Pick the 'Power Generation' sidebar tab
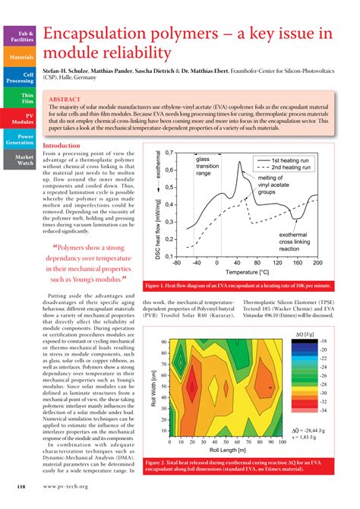click(x=21, y=139)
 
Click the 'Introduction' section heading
click(x=68, y=145)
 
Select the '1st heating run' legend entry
click(x=299, y=161)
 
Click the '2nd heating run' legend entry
click(x=299, y=170)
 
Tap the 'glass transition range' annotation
click(x=209, y=166)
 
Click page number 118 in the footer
click(x=22, y=484)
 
